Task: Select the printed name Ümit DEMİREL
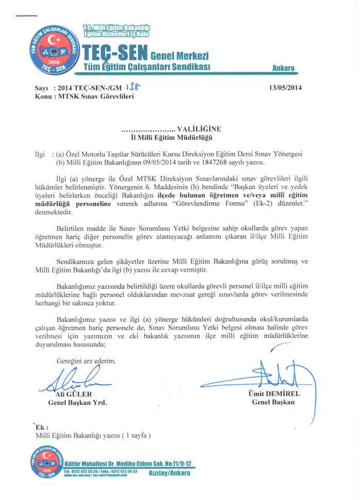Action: coord(273,394)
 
